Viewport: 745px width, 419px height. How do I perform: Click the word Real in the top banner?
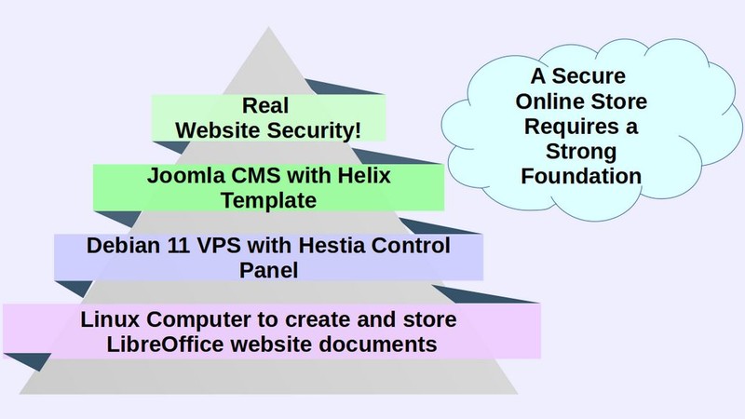click(268, 104)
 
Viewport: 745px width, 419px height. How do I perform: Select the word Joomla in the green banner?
click(184, 176)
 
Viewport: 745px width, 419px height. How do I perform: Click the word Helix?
click(359, 176)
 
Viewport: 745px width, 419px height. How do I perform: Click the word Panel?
click(269, 270)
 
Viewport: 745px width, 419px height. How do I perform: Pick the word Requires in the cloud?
click(571, 126)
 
